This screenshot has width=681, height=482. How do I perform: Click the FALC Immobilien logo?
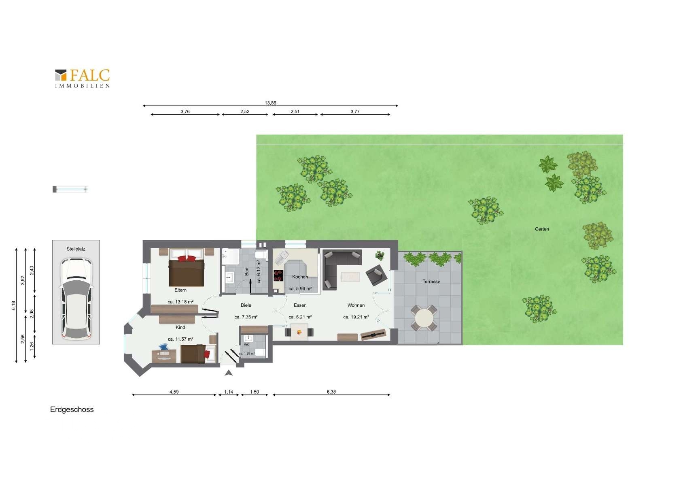pyautogui.click(x=83, y=79)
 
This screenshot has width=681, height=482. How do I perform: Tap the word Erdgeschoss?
pyautogui.click(x=72, y=409)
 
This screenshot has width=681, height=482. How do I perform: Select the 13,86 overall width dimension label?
pyautogui.click(x=270, y=103)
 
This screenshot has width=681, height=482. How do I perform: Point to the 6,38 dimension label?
pyautogui.click(x=331, y=392)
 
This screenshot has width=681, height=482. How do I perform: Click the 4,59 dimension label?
pyautogui.click(x=174, y=392)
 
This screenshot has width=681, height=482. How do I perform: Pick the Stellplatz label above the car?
pyautogui.click(x=76, y=249)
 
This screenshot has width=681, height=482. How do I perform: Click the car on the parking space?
pyautogui.click(x=76, y=299)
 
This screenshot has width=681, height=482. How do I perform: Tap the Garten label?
pyautogui.click(x=542, y=229)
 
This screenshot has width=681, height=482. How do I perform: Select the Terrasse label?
pyautogui.click(x=431, y=282)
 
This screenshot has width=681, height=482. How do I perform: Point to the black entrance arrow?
pyautogui.click(x=229, y=373)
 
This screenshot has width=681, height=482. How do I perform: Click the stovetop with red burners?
pyautogui.click(x=278, y=276)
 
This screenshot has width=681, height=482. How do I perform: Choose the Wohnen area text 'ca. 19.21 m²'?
pyautogui.click(x=356, y=317)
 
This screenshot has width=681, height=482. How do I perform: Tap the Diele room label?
pyautogui.click(x=246, y=305)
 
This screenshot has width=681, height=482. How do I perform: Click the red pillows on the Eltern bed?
pyautogui.click(x=187, y=258)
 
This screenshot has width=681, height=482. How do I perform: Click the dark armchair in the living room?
pyautogui.click(x=376, y=275)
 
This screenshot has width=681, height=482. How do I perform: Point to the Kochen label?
pyautogui.click(x=300, y=277)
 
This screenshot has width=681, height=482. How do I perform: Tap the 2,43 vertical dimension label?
pyautogui.click(x=32, y=271)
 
